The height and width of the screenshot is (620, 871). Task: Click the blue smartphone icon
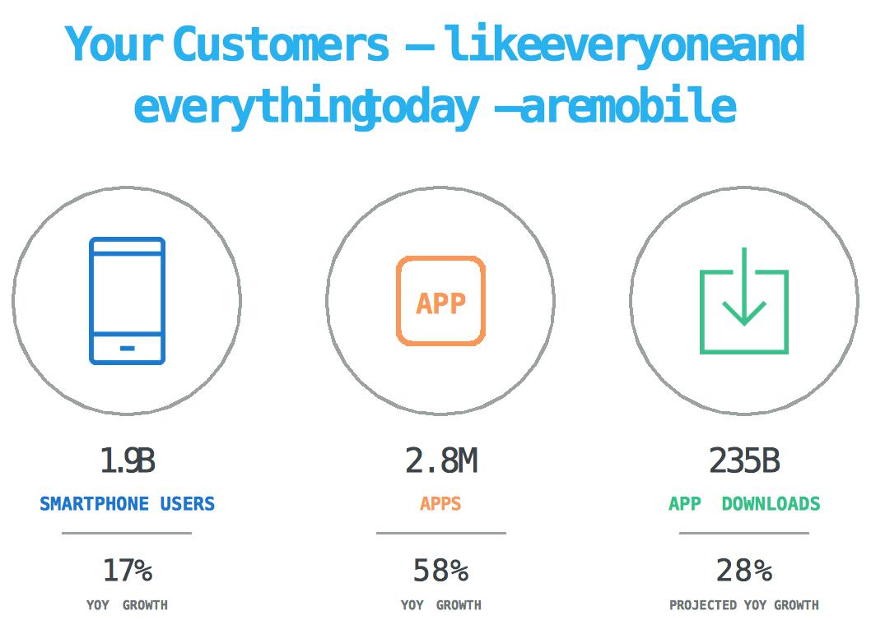(x=128, y=301)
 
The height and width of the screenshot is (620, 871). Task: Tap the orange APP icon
(x=440, y=301)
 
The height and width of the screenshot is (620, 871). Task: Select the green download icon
(x=743, y=301)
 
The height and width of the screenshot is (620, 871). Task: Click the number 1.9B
(x=128, y=460)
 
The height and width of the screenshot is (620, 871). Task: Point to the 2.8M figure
(x=441, y=460)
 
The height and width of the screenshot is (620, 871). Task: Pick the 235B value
(x=744, y=460)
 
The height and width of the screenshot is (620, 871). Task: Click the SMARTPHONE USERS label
(x=128, y=503)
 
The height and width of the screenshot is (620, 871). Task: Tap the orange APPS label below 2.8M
(x=440, y=503)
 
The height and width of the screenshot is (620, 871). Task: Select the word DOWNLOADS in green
(x=771, y=503)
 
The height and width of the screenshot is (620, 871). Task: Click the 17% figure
(x=128, y=571)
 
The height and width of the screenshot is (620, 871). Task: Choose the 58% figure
(x=440, y=571)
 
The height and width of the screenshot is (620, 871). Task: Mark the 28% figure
(x=743, y=571)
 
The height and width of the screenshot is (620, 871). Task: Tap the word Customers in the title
(x=281, y=44)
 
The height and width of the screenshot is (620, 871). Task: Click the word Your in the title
(x=114, y=44)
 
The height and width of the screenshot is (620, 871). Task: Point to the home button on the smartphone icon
(x=128, y=349)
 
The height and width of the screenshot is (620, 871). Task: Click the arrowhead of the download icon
(x=743, y=313)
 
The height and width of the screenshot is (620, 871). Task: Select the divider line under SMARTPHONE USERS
(x=127, y=534)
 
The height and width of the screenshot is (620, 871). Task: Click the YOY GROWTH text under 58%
(x=440, y=604)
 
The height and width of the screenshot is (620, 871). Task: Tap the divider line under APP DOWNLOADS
(x=743, y=534)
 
